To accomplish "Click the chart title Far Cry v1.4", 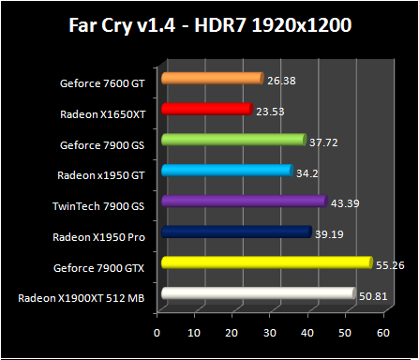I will click(x=209, y=24).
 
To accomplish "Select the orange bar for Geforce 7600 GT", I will click(x=211, y=79).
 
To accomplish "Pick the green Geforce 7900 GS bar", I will click(x=232, y=140).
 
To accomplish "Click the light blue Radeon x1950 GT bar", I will click(x=226, y=171).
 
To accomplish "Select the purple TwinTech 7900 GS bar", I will click(x=243, y=201).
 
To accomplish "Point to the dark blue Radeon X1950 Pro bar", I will click(x=235, y=232).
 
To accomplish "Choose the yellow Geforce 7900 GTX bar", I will click(x=265, y=262).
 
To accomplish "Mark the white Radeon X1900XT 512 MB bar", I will click(x=257, y=293).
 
